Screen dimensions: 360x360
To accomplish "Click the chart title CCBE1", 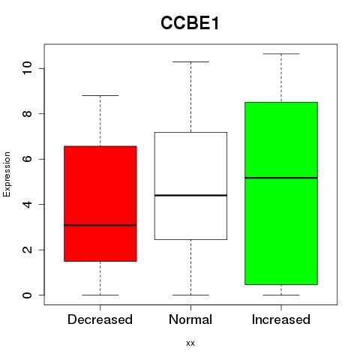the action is pyautogui.click(x=190, y=23).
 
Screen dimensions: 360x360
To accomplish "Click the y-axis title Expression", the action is pyautogui.click(x=7, y=174).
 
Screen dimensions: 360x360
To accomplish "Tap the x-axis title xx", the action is pyautogui.click(x=190, y=343).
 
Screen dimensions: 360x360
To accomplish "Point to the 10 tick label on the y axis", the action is pyautogui.click(x=27, y=68).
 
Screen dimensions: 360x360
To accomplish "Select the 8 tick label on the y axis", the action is pyautogui.click(x=27, y=113).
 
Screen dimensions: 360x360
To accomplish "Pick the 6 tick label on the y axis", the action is pyautogui.click(x=27, y=159).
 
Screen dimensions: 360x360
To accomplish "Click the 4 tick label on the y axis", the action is pyautogui.click(x=27, y=204).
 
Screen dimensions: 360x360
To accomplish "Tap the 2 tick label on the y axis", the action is pyautogui.click(x=27, y=250).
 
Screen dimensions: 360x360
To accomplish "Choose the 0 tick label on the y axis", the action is pyautogui.click(x=27, y=295).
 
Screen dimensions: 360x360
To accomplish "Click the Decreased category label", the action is pyautogui.click(x=100, y=319).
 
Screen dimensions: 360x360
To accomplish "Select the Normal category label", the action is pyautogui.click(x=190, y=319).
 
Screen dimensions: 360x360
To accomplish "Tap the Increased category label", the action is pyautogui.click(x=281, y=319).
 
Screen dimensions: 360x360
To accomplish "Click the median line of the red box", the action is pyautogui.click(x=100, y=225).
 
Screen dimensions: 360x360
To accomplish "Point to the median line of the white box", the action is pyautogui.click(x=190, y=195).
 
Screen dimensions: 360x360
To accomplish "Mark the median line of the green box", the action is pyautogui.click(x=281, y=178).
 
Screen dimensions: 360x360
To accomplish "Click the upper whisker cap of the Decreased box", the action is pyautogui.click(x=100, y=95).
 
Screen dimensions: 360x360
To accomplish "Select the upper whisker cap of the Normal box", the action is pyautogui.click(x=190, y=61).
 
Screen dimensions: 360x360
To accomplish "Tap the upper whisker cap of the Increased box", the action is pyautogui.click(x=281, y=54).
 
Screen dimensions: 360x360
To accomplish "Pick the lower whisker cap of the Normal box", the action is pyautogui.click(x=190, y=295).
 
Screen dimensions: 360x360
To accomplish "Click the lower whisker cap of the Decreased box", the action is pyautogui.click(x=100, y=295).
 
